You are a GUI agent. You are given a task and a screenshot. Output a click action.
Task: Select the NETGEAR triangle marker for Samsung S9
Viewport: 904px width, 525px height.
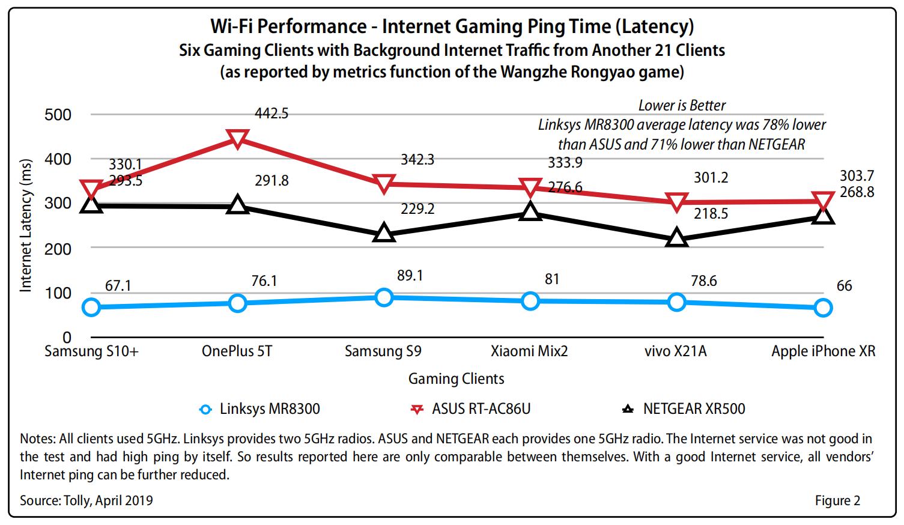click(x=384, y=233)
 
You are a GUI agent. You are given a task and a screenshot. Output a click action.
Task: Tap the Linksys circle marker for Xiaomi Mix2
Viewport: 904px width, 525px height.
click(x=530, y=301)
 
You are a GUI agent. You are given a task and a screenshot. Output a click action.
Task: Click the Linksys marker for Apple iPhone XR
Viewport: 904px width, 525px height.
click(x=823, y=308)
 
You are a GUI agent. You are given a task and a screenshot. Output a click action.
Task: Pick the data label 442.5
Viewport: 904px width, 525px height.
click(x=272, y=113)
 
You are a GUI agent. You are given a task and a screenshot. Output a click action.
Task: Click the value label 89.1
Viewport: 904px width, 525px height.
click(x=411, y=275)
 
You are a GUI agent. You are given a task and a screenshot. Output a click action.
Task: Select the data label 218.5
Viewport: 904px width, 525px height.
click(x=711, y=213)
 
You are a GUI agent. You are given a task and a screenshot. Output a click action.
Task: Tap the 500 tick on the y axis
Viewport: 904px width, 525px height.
click(x=58, y=115)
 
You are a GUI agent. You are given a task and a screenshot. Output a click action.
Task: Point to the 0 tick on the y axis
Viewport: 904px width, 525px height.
click(x=67, y=337)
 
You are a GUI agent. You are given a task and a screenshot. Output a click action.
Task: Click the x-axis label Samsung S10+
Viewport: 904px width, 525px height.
click(x=91, y=351)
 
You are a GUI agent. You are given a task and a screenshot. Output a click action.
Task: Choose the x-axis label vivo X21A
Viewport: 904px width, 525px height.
click(x=675, y=351)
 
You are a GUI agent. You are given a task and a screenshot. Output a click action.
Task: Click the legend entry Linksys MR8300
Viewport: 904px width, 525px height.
click(x=269, y=409)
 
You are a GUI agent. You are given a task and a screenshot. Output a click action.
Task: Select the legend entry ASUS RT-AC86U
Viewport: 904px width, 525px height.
click(x=481, y=409)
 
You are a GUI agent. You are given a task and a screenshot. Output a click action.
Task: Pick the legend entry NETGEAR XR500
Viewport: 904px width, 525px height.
click(x=693, y=409)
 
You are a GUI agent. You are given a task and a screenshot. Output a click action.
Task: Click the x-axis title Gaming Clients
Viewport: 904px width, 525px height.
click(x=456, y=378)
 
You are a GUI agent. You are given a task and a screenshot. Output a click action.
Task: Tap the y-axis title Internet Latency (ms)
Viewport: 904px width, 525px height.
click(x=25, y=226)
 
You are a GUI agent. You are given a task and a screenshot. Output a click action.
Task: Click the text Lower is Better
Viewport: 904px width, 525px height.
click(x=682, y=106)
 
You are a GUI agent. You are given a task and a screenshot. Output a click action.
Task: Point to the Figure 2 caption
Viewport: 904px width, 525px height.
click(x=837, y=500)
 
